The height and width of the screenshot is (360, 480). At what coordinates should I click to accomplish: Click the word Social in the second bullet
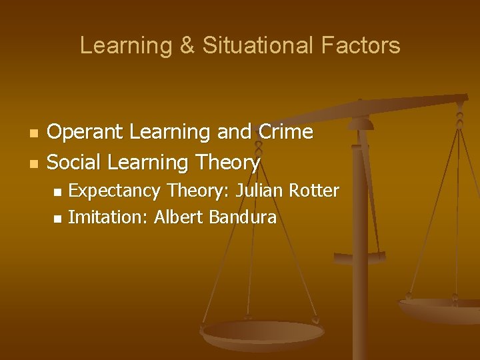pos(75,162)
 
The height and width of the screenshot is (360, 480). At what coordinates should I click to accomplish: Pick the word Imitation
pos(109,217)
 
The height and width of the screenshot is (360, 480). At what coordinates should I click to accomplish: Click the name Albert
pos(178,217)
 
